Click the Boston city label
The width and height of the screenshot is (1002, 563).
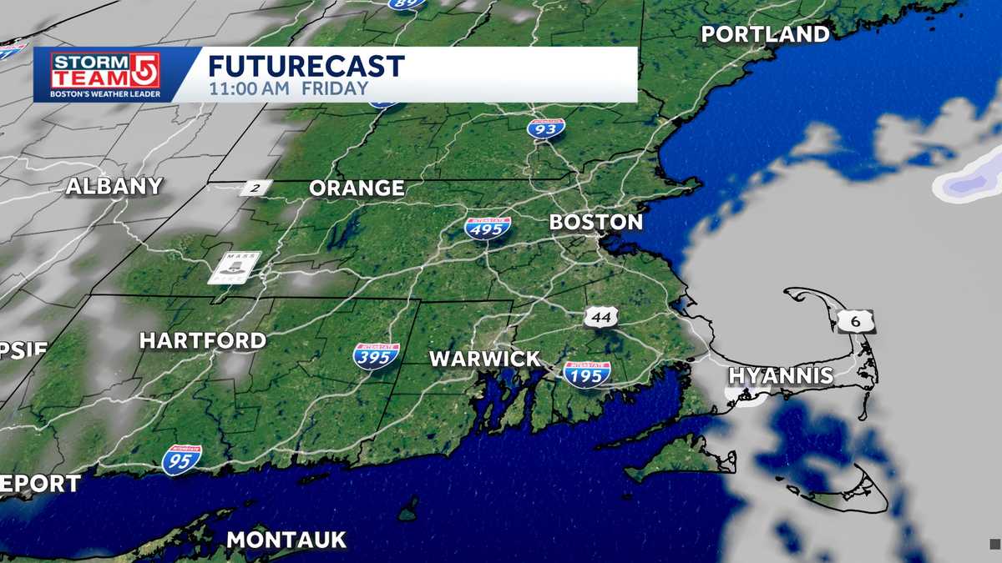[x=595, y=223]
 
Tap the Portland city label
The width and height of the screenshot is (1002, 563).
[x=765, y=34]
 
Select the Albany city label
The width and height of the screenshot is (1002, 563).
[x=114, y=187]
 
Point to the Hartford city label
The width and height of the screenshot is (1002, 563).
[x=202, y=340]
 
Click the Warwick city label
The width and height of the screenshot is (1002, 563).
[x=484, y=359]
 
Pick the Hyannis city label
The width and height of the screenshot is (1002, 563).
[x=781, y=375]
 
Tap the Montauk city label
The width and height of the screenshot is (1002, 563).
[x=286, y=540]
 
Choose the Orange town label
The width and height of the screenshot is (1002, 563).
[x=357, y=189]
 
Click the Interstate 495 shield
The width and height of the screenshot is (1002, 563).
[x=488, y=227]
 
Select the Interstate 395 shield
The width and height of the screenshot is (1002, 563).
[x=376, y=356]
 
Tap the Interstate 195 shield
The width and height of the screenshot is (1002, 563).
[x=587, y=374]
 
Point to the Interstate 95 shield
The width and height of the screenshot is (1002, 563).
[x=182, y=460]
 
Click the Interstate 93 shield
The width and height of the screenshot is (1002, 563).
[x=545, y=128]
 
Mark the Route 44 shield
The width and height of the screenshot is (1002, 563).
[x=601, y=317]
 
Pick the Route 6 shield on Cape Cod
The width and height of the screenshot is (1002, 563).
[x=857, y=320]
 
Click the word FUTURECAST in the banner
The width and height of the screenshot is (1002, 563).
[x=306, y=67]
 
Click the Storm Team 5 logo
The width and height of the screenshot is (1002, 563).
[x=105, y=74]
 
